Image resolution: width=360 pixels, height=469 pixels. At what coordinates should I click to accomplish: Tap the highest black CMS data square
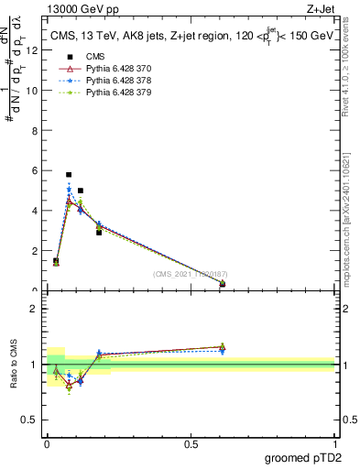tap(69, 174)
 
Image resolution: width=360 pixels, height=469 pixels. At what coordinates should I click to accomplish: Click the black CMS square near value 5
tap(81, 191)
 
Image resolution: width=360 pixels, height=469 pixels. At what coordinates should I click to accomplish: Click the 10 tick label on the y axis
tap(33, 90)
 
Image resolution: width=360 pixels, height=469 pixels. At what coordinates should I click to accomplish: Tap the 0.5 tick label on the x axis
tap(191, 443)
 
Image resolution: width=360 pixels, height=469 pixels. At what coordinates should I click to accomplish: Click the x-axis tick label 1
tap(334, 443)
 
